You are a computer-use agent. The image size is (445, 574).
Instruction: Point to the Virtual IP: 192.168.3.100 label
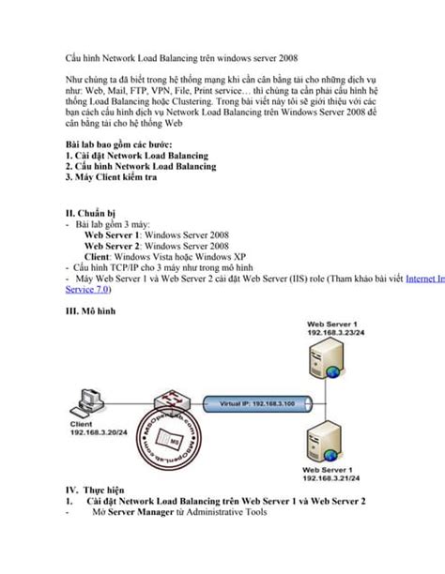[255, 402]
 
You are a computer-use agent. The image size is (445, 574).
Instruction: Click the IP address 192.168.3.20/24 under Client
[99, 434]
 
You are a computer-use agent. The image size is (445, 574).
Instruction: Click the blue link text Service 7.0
[91, 291]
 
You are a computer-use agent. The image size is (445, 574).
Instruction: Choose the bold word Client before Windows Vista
[101, 256]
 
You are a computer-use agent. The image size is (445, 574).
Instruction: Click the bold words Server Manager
[138, 512]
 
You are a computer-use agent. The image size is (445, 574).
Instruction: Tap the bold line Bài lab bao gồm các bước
[131, 143]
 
